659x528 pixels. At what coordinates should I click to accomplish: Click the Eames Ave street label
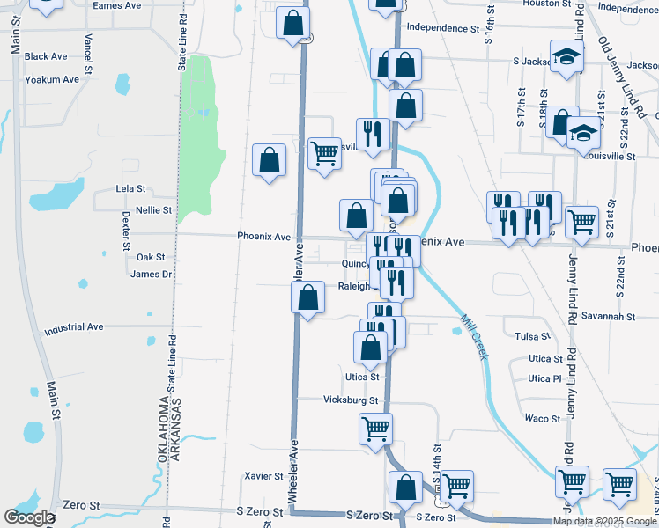(x=117, y=5)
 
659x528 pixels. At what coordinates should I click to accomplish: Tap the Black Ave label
(x=46, y=56)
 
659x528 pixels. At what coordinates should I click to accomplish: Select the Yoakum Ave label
(x=52, y=79)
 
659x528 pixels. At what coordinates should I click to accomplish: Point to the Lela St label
(x=130, y=189)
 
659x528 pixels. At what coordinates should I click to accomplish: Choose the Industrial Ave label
(x=73, y=326)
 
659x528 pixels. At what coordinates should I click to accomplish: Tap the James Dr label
(x=150, y=275)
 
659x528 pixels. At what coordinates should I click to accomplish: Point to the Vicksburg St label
(x=348, y=400)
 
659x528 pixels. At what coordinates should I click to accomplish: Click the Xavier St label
(x=264, y=476)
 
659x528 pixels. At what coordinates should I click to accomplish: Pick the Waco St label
(x=536, y=418)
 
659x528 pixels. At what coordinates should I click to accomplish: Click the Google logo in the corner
(x=30, y=517)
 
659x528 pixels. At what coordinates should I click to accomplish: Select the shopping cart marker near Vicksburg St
(x=375, y=429)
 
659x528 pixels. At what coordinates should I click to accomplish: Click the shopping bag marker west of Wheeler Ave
(x=269, y=161)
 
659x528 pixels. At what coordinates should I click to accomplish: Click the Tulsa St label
(x=532, y=337)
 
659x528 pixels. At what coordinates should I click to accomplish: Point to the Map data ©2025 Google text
(x=603, y=521)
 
